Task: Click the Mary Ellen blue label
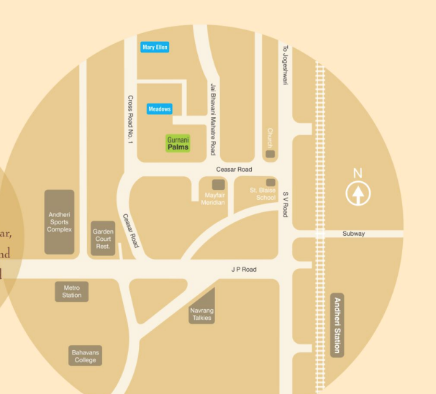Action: pos(155,47)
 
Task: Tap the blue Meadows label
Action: pos(160,109)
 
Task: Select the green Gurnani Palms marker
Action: pos(178,143)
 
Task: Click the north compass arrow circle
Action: pos(358,193)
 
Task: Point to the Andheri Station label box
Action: pos(336,324)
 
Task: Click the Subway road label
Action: pos(353,234)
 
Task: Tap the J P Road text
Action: pos(244,270)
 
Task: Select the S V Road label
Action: pos(285,204)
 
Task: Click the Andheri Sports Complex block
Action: pos(60,221)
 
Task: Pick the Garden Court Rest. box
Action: pos(103,238)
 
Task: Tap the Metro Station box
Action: pos(72,292)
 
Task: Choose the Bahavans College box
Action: pos(85,356)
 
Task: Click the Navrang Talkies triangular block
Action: pos(202,309)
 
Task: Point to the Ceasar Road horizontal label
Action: pos(235,169)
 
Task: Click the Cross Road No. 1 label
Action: pos(130,119)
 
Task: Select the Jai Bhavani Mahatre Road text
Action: pos(212,119)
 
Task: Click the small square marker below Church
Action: pos(271,154)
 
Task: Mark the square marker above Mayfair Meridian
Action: pos(217,185)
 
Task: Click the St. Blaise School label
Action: pos(263,194)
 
